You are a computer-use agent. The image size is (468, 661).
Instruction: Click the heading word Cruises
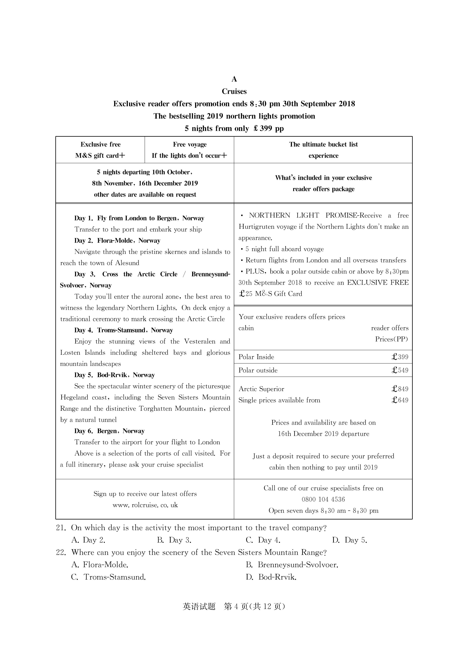234,91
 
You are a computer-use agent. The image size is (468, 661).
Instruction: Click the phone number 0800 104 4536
323,499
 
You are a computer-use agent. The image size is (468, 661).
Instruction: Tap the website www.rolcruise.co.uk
145,505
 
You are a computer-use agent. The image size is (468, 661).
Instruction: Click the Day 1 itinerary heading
139,218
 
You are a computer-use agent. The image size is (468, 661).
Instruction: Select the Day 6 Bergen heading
109,431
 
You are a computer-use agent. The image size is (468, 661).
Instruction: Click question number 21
61,528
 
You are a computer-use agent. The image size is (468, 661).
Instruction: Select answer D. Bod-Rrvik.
271,577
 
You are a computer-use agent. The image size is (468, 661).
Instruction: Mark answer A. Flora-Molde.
100,565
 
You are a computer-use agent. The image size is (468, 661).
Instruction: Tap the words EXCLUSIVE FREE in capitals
378,283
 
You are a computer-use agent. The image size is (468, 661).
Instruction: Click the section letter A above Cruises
234,79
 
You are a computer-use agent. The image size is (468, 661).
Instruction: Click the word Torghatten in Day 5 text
156,409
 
